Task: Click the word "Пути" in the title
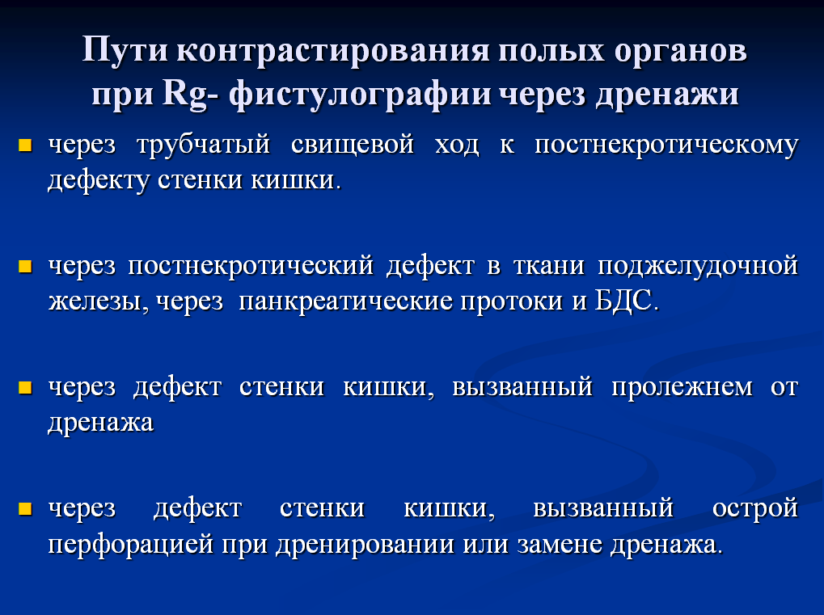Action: (x=125, y=50)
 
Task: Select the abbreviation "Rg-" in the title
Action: (x=190, y=95)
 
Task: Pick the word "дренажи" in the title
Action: (x=667, y=95)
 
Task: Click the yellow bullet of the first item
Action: (x=25, y=145)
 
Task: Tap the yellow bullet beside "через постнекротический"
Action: (x=25, y=266)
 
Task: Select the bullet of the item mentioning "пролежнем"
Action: (x=25, y=388)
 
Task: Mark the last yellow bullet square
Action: (x=25, y=508)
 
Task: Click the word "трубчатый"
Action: (x=204, y=145)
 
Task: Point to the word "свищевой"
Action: (x=353, y=144)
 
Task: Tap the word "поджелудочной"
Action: (x=698, y=266)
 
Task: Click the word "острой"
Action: (x=755, y=509)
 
